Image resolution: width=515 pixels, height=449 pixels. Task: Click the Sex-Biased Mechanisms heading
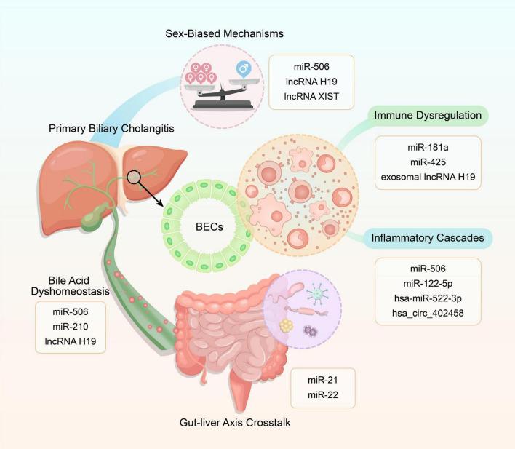[224, 33]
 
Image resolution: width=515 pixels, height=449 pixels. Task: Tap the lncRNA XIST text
[311, 96]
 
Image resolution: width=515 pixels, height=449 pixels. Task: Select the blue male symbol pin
[244, 69]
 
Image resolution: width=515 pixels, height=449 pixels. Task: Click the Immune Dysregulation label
[428, 116]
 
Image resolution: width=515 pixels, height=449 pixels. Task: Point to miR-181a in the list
[428, 147]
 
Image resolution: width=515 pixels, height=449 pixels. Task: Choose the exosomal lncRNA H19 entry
[428, 177]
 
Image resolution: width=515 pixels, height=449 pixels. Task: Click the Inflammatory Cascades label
[428, 238]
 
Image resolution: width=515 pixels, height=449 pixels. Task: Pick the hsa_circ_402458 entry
[428, 313]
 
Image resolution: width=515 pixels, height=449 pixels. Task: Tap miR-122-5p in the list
[428, 283]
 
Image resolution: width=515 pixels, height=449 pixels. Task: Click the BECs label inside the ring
[209, 227]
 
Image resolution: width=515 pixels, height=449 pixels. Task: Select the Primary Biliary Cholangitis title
[111, 128]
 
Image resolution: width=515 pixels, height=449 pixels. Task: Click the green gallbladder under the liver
[95, 216]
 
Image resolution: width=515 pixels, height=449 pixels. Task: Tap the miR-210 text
[71, 327]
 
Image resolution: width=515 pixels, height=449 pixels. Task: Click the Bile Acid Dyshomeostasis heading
[70, 286]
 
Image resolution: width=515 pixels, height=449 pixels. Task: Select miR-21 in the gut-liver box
[322, 380]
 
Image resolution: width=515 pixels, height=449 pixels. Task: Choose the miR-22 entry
[322, 394]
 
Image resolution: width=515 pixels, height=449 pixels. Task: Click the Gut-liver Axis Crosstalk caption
[235, 422]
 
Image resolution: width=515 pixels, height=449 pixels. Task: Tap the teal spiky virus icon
[317, 293]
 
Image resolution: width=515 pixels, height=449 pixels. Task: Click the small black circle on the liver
[134, 177]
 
